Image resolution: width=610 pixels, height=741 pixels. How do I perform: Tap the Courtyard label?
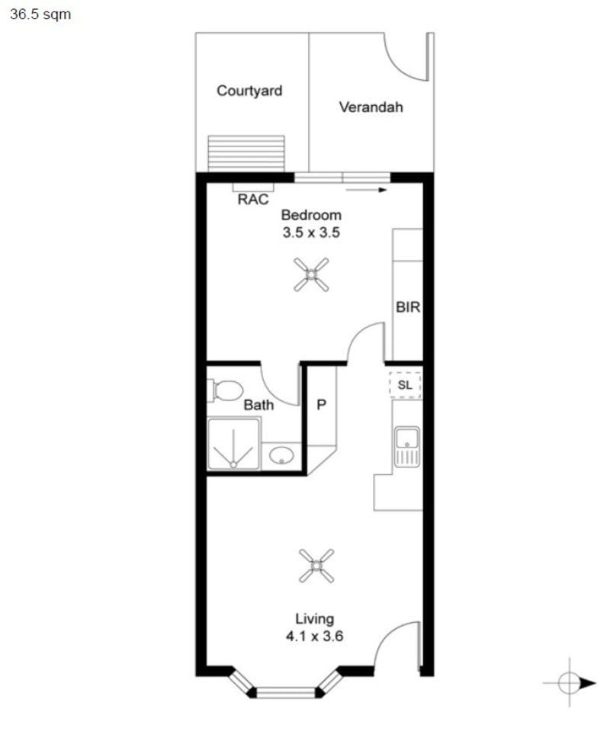249,91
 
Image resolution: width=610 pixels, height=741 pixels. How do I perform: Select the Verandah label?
371,107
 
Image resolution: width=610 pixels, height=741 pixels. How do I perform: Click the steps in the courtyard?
246,153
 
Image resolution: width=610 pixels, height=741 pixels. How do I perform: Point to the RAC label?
253,200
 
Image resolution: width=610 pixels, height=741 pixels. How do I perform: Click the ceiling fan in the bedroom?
311,274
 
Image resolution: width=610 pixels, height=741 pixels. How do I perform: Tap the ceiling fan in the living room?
316,566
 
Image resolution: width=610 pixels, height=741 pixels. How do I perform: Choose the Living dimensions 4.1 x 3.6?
315,635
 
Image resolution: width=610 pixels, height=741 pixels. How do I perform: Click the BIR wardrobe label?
408,308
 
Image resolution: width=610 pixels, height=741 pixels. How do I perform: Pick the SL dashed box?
405,385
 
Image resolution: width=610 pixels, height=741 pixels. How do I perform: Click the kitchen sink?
406,446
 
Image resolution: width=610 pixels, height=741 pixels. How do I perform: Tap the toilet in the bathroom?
223,390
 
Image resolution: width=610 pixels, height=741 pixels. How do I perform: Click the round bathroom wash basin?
281,456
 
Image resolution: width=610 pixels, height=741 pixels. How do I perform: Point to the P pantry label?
321,405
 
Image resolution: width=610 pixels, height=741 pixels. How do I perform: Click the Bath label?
258,405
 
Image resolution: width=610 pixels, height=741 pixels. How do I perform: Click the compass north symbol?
570,683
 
